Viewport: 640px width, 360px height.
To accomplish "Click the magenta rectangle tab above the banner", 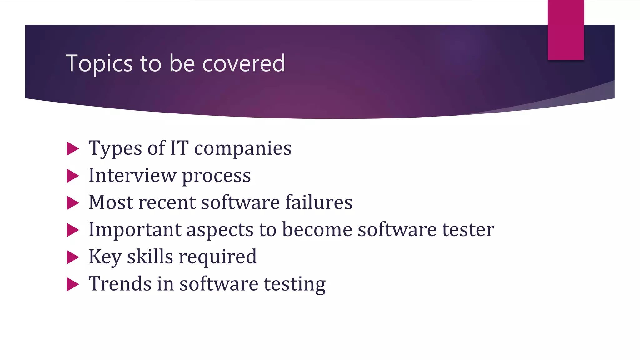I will [566, 30].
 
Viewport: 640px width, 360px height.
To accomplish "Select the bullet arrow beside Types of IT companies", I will [72, 149].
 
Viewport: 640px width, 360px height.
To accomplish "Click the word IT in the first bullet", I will [179, 148].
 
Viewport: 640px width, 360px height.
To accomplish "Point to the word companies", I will [243, 149].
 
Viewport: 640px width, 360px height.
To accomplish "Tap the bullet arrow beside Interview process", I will [72, 176].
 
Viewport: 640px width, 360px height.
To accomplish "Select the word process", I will [216, 177].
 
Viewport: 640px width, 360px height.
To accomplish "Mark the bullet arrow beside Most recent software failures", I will [72, 203].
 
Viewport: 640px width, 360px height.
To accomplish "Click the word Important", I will [135, 230].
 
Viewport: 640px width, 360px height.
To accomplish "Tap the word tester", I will [468, 230].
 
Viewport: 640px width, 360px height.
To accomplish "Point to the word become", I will [317, 230].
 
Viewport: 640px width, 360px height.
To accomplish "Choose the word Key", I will [105, 257].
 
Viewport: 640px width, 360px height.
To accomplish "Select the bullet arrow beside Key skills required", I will [72, 257].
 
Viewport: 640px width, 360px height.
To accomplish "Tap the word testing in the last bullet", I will [294, 285].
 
